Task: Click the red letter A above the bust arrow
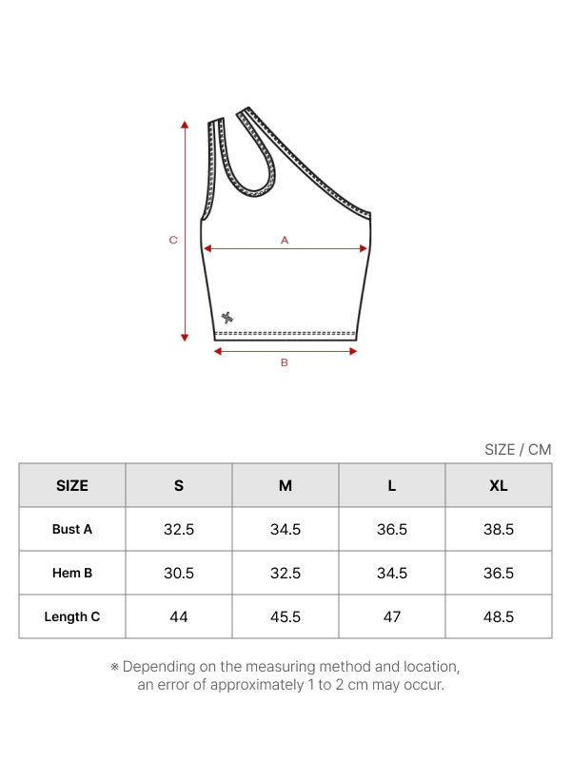tap(285, 240)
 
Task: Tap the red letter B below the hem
tap(285, 362)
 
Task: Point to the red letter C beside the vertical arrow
tap(173, 240)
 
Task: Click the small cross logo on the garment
tap(227, 318)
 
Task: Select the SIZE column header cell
tap(72, 485)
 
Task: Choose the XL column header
tap(499, 485)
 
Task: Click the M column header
tap(285, 485)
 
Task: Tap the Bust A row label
tap(72, 529)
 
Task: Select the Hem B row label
tap(72, 573)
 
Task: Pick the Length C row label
tap(72, 616)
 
